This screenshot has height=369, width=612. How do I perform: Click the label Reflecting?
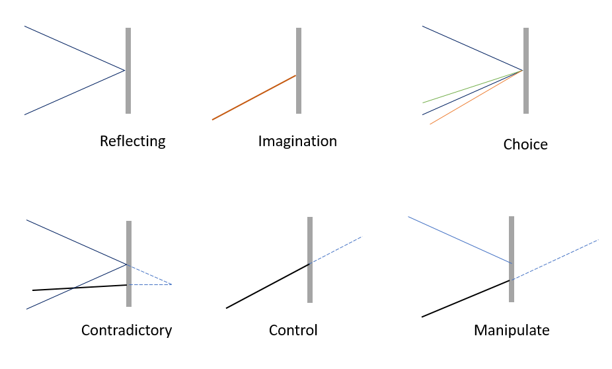(133, 142)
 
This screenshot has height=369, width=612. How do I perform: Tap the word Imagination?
(297, 142)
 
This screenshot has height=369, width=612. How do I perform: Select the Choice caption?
(525, 144)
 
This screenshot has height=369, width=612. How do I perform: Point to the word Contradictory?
(126, 331)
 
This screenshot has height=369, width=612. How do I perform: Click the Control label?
(293, 331)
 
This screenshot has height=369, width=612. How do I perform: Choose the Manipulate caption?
(512, 331)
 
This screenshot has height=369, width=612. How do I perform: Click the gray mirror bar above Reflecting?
(128, 71)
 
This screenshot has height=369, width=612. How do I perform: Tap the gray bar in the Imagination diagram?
(299, 71)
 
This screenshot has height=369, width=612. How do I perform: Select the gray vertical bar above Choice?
(525, 71)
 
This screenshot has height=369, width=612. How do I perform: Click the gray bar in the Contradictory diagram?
(129, 264)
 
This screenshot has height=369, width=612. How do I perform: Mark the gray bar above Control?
(310, 260)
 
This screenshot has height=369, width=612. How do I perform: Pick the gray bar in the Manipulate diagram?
(512, 259)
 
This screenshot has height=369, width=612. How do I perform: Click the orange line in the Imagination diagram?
(254, 98)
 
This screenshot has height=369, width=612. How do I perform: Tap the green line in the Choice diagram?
(473, 87)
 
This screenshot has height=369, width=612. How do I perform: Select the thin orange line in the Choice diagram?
(476, 97)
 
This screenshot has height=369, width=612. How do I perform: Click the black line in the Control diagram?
(268, 286)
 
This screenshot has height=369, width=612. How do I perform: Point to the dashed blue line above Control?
(336, 250)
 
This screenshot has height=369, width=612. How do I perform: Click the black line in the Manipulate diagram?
(466, 298)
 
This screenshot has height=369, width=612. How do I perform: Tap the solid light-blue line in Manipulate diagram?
(460, 240)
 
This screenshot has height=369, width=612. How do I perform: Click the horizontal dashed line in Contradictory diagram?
(150, 284)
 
